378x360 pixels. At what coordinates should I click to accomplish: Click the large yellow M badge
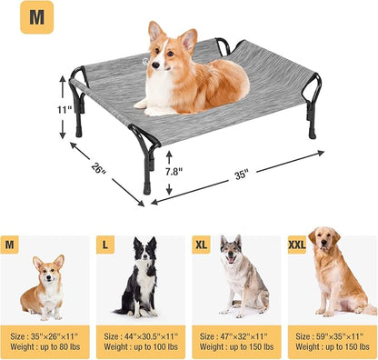click(x=35, y=17)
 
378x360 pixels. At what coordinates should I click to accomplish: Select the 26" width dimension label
click(x=97, y=167)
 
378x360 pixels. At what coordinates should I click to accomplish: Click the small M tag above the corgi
click(x=11, y=245)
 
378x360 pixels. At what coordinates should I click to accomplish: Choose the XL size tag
click(x=201, y=245)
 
